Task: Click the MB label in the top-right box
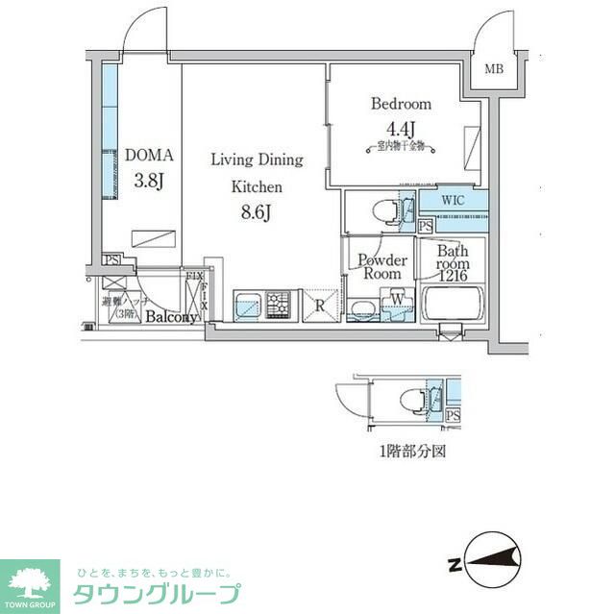493,69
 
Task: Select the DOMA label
149,154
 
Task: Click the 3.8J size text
150,179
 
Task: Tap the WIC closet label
454,201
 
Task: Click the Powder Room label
382,266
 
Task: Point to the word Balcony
171,317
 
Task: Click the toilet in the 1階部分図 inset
407,399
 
